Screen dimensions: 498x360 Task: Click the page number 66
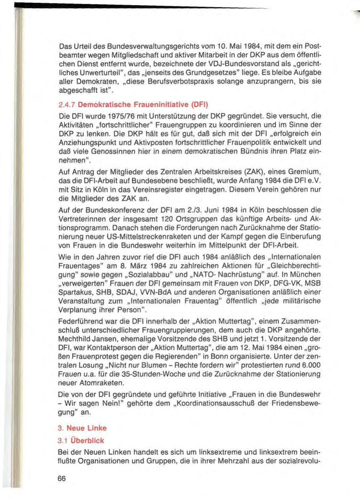click(62, 479)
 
